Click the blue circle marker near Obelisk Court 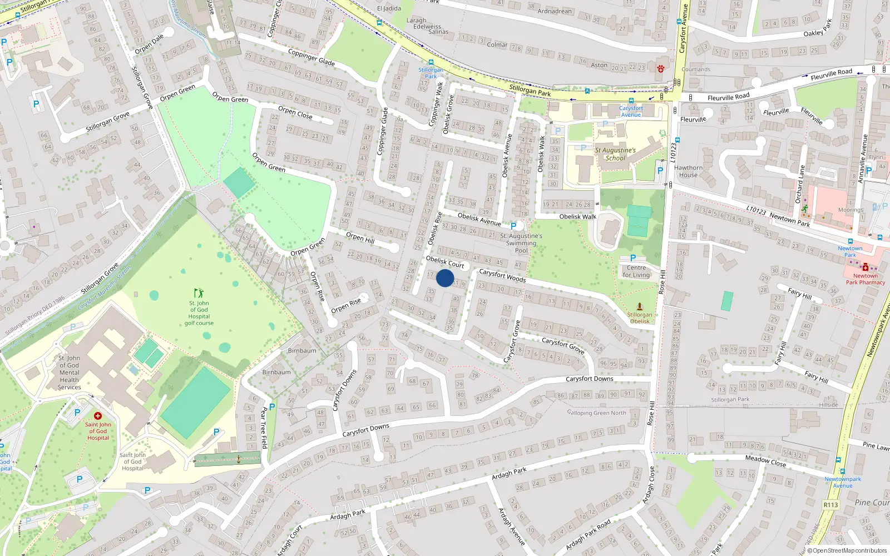click(445, 278)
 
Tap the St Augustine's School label click(615, 154)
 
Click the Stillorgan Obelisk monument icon click(640, 306)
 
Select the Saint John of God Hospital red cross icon click(98, 416)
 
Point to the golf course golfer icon click(199, 293)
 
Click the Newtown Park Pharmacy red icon click(866, 267)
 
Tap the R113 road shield click(830, 505)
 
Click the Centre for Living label click(636, 271)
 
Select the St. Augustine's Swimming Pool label click(521, 243)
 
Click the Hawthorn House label click(688, 171)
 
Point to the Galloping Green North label click(596, 413)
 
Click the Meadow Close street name click(765, 460)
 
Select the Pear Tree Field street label click(264, 428)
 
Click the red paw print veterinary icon click(661, 69)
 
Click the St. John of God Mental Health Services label click(70, 373)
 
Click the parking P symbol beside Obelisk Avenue click(513, 226)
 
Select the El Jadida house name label click(389, 9)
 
